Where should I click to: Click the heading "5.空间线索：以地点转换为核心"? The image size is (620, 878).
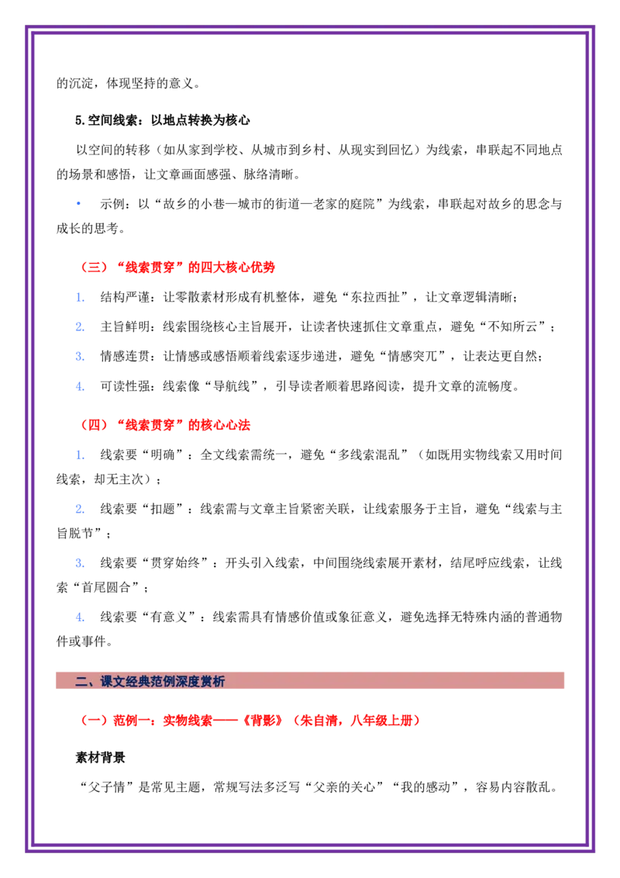coord(162,120)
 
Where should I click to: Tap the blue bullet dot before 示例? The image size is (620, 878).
coord(79,204)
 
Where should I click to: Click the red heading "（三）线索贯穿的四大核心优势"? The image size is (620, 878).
coord(178,267)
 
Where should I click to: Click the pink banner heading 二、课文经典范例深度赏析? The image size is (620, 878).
coord(150,681)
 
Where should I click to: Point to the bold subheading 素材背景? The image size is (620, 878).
coord(100,758)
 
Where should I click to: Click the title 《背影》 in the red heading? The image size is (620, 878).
coord(262,721)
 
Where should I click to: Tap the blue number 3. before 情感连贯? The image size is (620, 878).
coord(80,357)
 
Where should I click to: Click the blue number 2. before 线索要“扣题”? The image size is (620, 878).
coord(80,509)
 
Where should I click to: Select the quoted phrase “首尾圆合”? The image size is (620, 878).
coord(106,587)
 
